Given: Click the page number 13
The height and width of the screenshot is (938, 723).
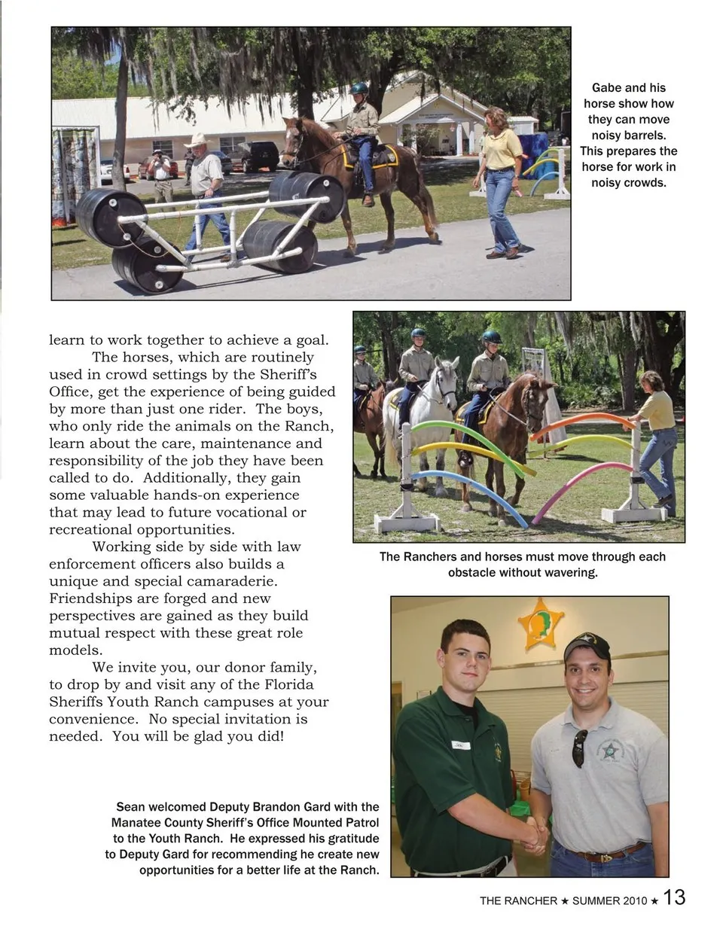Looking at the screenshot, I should click(675, 897).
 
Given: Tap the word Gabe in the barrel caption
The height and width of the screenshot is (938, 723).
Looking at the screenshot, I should click(607, 88).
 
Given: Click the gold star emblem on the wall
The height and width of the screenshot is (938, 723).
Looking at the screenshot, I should click(541, 623).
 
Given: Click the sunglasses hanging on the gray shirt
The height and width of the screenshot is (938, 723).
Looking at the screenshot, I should click(579, 748).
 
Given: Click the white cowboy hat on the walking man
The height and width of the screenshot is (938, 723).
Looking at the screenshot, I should click(197, 141).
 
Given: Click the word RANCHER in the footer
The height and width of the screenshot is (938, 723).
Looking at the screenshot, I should click(532, 900).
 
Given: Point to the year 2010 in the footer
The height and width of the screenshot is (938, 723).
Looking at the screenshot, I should click(634, 900).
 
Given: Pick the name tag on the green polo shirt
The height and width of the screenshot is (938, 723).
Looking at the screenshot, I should click(460, 745).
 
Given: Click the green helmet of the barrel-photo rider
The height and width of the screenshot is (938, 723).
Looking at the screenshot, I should click(358, 88).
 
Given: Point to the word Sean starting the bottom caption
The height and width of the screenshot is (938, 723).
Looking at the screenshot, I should click(130, 807).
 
